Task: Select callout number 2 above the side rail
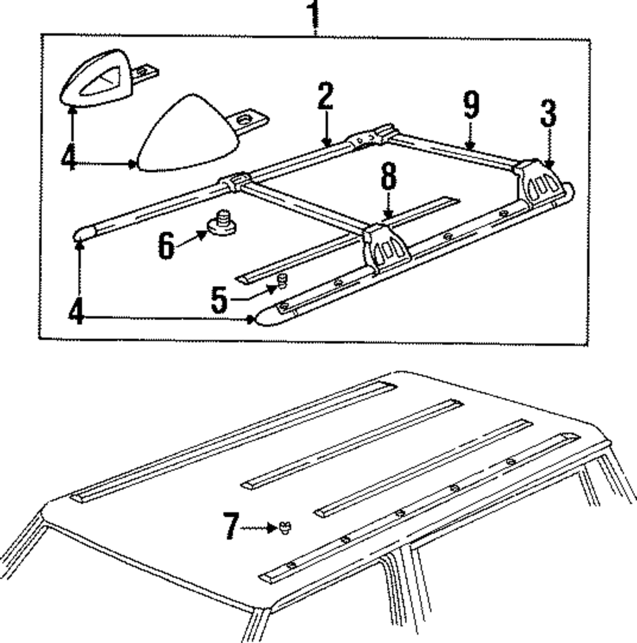tap(325, 98)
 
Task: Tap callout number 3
tap(548, 115)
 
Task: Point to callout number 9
tap(470, 105)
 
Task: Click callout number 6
tap(166, 245)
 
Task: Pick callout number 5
tap(218, 300)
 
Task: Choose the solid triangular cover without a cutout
tap(182, 134)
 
